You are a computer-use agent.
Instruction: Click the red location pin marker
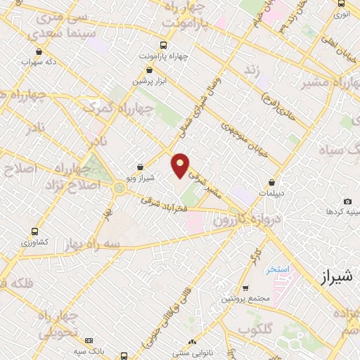pos(181,165)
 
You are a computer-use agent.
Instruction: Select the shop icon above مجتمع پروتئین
pos(244,288)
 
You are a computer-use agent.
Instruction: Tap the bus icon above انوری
pos(341,4)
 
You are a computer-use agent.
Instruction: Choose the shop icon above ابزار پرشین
pos(148,70)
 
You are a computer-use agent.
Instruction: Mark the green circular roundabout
pos(118,188)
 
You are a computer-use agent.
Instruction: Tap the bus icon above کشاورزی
pos(34,231)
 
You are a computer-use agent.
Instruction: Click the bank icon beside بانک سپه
pos(89,340)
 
